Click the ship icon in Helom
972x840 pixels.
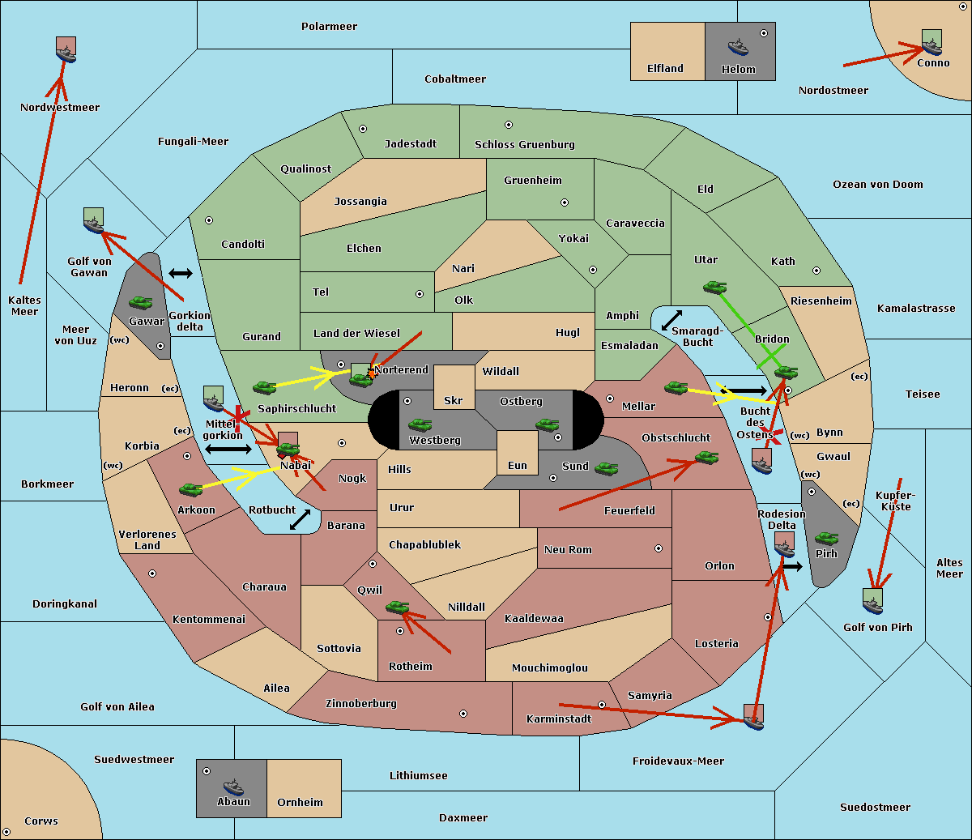click(738, 46)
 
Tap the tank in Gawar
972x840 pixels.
click(141, 302)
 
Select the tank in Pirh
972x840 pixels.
click(826, 538)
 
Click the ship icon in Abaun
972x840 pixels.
click(234, 787)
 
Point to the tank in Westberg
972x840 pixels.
click(420, 424)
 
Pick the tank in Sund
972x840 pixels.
click(606, 468)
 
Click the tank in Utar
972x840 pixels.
click(714, 287)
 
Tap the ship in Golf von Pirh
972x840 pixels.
click(873, 602)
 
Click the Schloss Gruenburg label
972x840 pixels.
click(525, 144)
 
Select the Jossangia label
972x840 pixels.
click(360, 202)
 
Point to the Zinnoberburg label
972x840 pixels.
click(361, 703)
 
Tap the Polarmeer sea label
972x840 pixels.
click(329, 27)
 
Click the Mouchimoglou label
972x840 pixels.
click(550, 667)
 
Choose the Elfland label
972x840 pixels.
click(665, 69)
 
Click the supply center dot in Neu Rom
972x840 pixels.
click(659, 548)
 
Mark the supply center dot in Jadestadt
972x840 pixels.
click(363, 129)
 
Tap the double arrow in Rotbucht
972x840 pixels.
click(300, 520)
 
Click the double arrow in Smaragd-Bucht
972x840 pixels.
click(671, 320)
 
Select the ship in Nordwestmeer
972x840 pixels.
click(66, 50)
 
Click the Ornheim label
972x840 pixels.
click(300, 803)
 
